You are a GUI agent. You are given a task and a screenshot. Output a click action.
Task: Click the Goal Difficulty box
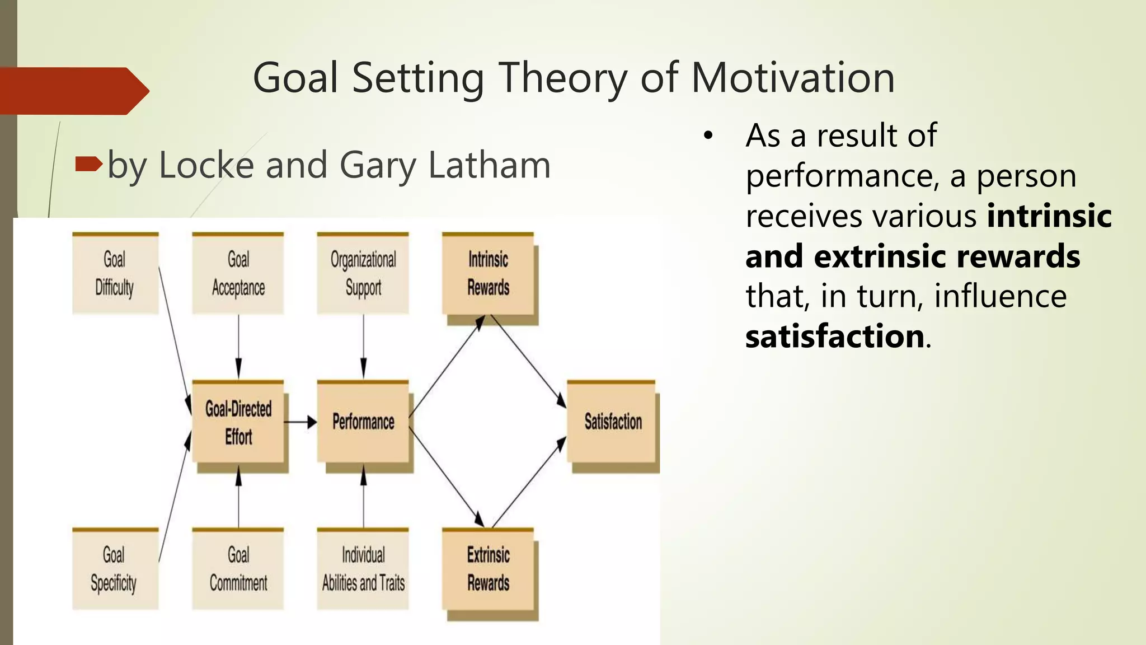115,273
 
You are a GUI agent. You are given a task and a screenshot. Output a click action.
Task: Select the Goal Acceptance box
238,273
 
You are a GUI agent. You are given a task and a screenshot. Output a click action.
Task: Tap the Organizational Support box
363,273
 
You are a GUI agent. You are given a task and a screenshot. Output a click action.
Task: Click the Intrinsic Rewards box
488,274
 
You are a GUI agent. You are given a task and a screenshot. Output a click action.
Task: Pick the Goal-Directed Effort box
238,422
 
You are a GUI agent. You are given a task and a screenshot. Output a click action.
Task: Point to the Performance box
363,422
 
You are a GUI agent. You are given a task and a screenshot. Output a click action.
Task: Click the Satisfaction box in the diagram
612,422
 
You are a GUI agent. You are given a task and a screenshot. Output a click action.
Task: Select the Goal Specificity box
115,569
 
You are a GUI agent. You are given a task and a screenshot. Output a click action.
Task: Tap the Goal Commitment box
238,569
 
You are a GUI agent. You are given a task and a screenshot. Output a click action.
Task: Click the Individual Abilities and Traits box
363,569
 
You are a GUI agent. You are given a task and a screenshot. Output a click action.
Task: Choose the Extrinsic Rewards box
488,569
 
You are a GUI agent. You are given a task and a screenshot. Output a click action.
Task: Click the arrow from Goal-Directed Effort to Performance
300,422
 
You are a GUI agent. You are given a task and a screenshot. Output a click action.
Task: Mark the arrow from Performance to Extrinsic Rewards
446,476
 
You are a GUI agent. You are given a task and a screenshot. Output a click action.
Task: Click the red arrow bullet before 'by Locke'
88,164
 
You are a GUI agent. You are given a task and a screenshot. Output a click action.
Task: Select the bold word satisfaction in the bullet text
834,336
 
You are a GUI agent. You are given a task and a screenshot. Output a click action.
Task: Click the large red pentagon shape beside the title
73,91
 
